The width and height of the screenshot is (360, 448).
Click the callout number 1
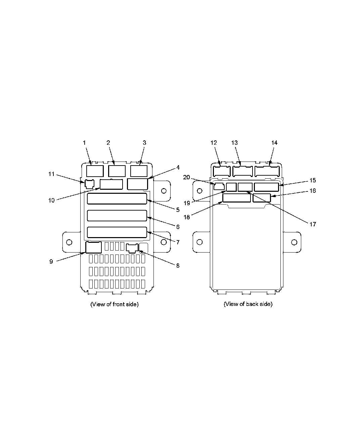[84, 143]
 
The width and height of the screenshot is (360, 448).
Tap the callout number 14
[274, 143]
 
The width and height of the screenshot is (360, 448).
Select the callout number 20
[186, 177]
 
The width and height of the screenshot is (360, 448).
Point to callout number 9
[51, 261]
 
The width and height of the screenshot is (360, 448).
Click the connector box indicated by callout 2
[117, 171]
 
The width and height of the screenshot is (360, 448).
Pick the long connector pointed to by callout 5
[117, 198]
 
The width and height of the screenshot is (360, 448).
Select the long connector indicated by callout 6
[117, 216]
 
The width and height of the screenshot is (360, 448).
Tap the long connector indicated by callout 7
[117, 232]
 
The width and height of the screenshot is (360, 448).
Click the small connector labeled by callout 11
[89, 184]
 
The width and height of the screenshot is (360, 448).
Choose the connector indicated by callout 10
[111, 184]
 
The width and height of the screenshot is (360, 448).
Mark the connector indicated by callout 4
[138, 184]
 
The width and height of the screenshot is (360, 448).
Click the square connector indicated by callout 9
[93, 248]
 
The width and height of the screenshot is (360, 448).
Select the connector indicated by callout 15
[266, 187]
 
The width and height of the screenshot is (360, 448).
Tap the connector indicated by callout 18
[236, 198]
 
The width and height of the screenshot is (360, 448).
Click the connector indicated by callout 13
[242, 171]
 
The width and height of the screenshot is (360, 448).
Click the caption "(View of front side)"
[114, 304]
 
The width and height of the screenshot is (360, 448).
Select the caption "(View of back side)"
[248, 304]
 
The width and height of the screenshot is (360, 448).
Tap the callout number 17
[312, 224]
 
